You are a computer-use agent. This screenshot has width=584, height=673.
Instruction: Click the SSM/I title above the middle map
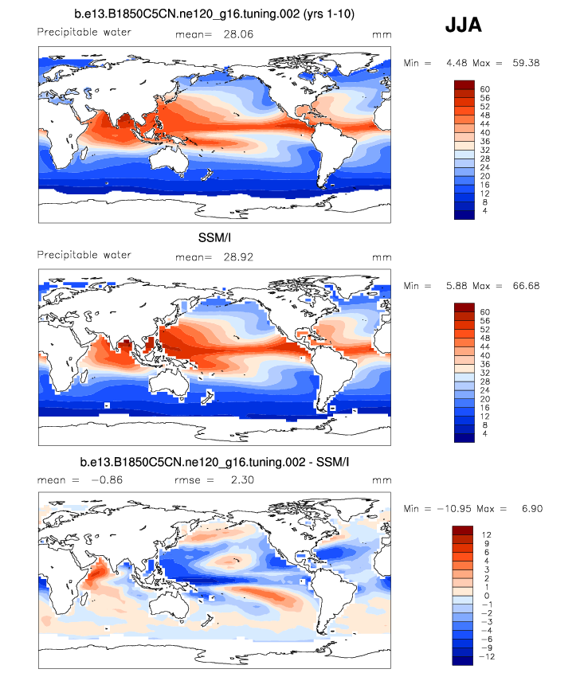point(214,237)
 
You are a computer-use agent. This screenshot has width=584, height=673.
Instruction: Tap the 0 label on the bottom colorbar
point(488,595)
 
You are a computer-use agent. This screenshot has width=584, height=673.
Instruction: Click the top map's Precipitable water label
point(84,33)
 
